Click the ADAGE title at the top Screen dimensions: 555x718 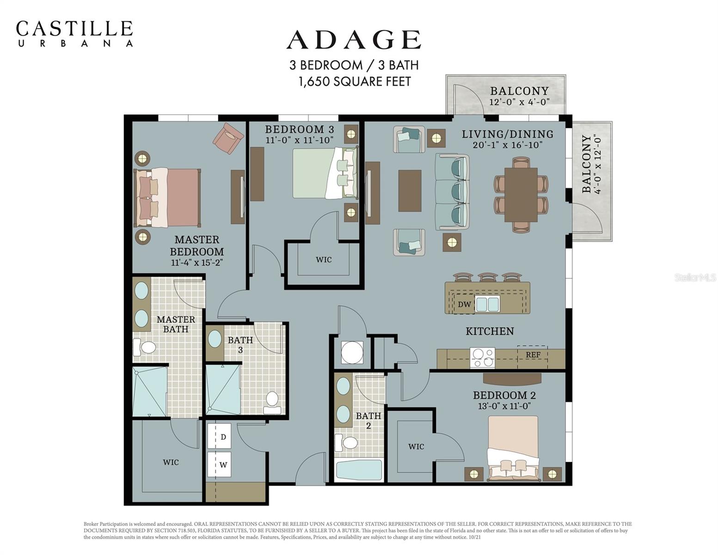pos(354,40)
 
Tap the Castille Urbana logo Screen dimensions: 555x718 pos(74,33)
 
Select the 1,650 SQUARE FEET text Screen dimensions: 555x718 pos(354,82)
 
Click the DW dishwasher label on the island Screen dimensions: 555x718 pos(464,304)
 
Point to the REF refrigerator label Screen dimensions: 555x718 pos(533,355)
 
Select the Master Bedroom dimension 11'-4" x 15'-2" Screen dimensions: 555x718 pos(197,263)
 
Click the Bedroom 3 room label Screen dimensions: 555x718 pos(299,129)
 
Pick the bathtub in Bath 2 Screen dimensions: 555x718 pos(359,470)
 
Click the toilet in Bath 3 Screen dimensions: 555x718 pos(272,402)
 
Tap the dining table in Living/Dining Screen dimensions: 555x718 pos(521,195)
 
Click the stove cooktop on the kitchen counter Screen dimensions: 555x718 pos(482,358)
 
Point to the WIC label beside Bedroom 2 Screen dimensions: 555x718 pos(416,447)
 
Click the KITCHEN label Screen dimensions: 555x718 pos(490,331)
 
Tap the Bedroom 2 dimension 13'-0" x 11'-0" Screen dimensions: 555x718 pos(504,406)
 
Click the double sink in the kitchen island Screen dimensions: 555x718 pos(487,304)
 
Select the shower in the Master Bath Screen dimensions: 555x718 pos(149,391)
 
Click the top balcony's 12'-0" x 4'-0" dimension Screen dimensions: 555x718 pos(519,102)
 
